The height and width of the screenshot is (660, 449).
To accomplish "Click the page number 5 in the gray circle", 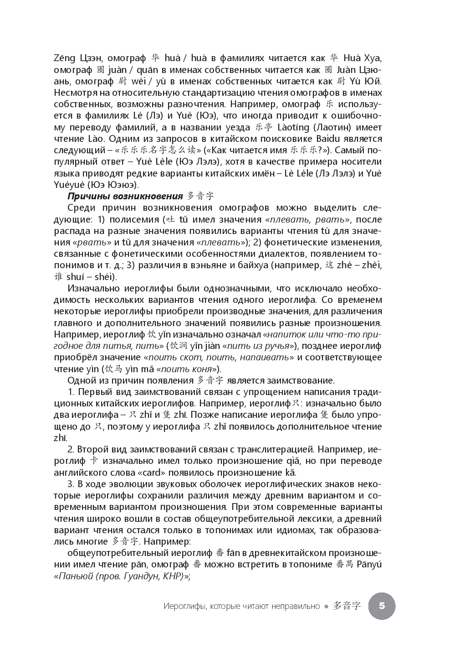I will coord(382,606).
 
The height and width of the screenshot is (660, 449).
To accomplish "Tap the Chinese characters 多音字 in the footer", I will coord(347,606).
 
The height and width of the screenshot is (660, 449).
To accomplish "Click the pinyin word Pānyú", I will coord(367,565).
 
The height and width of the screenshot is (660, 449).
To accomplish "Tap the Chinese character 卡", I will coord(93,461).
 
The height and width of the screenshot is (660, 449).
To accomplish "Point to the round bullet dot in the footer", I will coord(327,607).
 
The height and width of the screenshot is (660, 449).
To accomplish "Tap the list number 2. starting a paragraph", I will coord(71,449).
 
